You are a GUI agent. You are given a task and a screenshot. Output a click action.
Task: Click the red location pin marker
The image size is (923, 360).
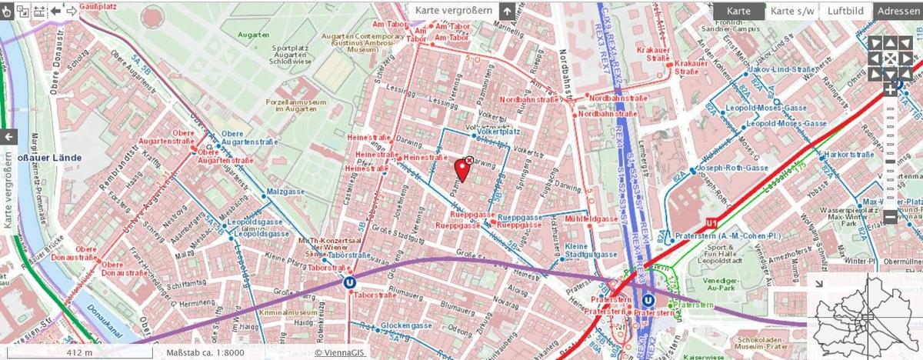point(461,168)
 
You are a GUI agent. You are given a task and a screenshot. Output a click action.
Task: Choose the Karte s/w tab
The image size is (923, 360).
point(792,11)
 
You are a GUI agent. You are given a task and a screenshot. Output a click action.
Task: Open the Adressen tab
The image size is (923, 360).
point(898,11)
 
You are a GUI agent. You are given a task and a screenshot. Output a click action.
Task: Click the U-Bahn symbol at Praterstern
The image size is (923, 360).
point(648,301)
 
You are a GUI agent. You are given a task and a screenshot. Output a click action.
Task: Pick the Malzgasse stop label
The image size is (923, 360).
point(282,191)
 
